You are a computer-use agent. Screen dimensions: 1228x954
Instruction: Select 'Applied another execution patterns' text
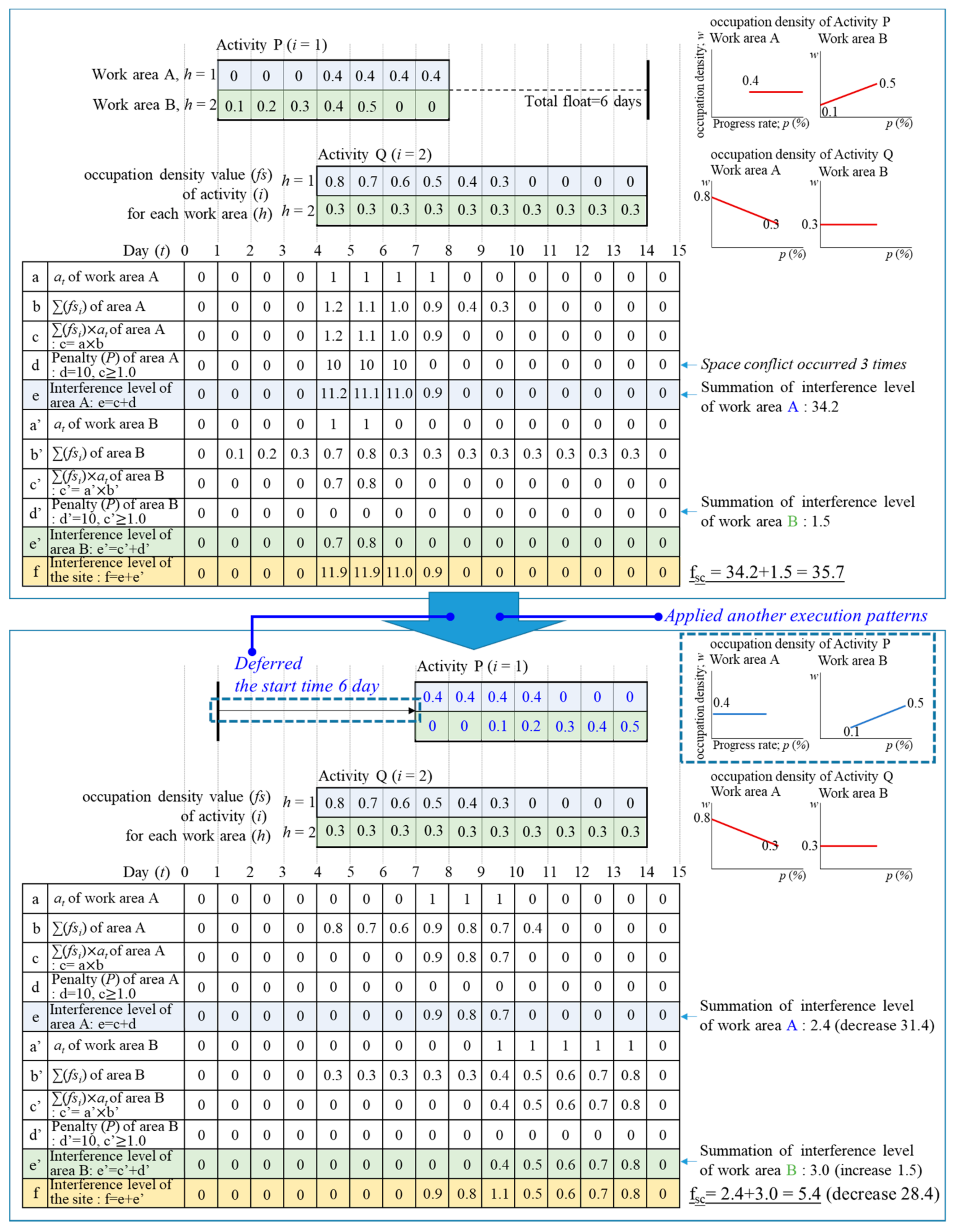tap(795, 616)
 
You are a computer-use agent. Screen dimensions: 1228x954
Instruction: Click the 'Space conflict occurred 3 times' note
tap(803, 364)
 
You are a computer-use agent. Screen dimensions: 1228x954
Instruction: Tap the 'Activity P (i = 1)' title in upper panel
tap(272, 45)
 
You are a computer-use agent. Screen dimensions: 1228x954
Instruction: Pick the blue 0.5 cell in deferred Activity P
tap(629, 727)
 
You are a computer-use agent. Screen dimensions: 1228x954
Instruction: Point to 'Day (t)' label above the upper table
tap(146, 251)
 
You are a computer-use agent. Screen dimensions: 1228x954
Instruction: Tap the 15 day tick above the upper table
tap(679, 251)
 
